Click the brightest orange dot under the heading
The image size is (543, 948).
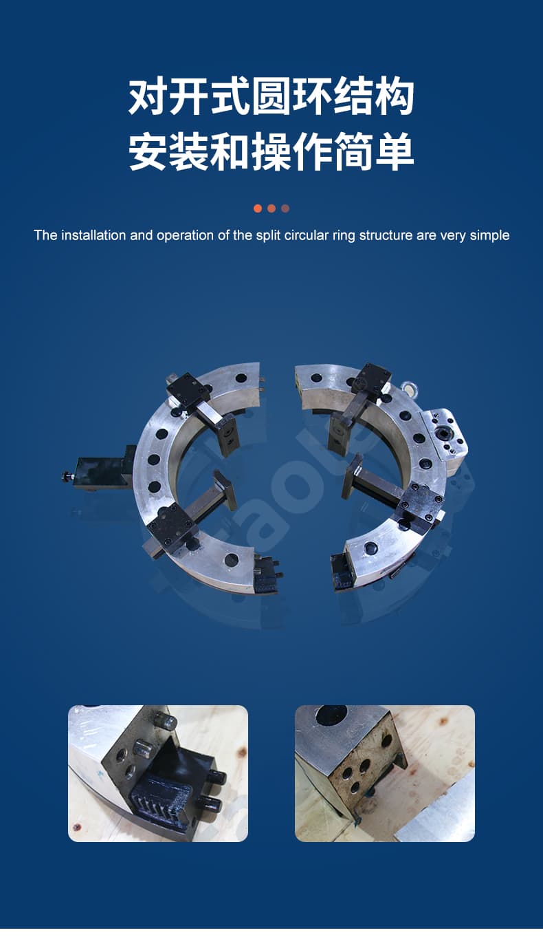coord(258,208)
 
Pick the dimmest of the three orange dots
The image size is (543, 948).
coord(285,208)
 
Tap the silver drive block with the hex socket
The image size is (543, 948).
coord(445,435)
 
